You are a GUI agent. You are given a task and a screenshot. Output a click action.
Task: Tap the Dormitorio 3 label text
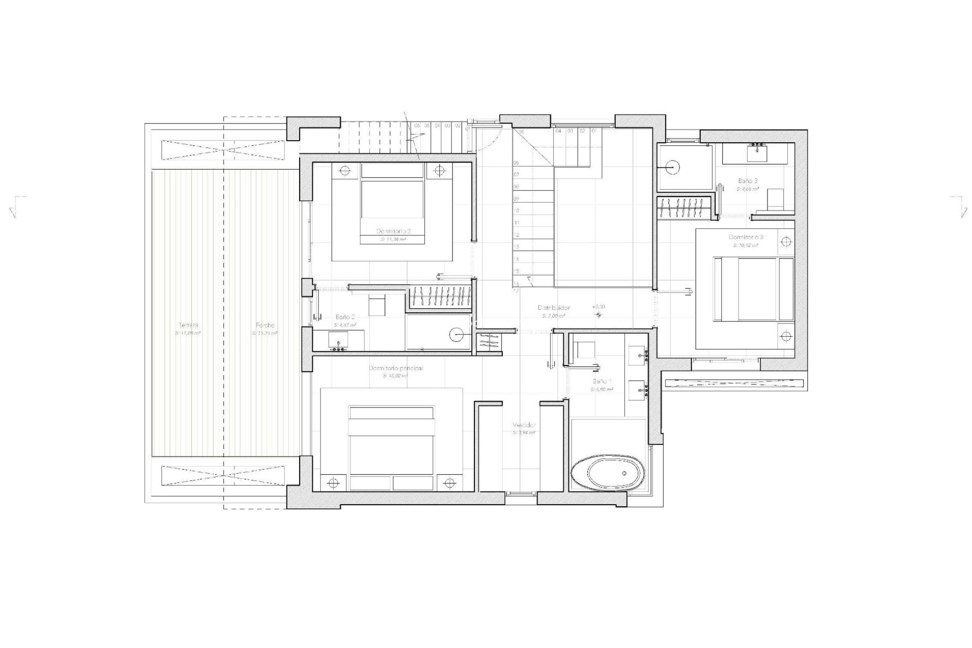pyautogui.click(x=746, y=237)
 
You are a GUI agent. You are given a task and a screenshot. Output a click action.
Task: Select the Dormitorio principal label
pyautogui.click(x=396, y=368)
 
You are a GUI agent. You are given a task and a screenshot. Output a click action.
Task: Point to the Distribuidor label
pyautogui.click(x=553, y=308)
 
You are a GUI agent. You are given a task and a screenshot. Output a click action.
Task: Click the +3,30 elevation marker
pyautogui.click(x=598, y=307)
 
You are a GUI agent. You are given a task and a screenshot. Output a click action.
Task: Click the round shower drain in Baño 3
pyautogui.click(x=672, y=167)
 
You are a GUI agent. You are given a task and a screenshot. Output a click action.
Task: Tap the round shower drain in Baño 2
pyautogui.click(x=457, y=334)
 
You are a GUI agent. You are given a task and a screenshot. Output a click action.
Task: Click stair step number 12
pyautogui.click(x=516, y=235)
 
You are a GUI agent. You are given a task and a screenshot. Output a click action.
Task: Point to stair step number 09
pyautogui.click(x=516, y=199)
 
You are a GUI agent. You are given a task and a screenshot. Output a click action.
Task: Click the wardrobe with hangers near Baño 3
pyautogui.click(x=686, y=208)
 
